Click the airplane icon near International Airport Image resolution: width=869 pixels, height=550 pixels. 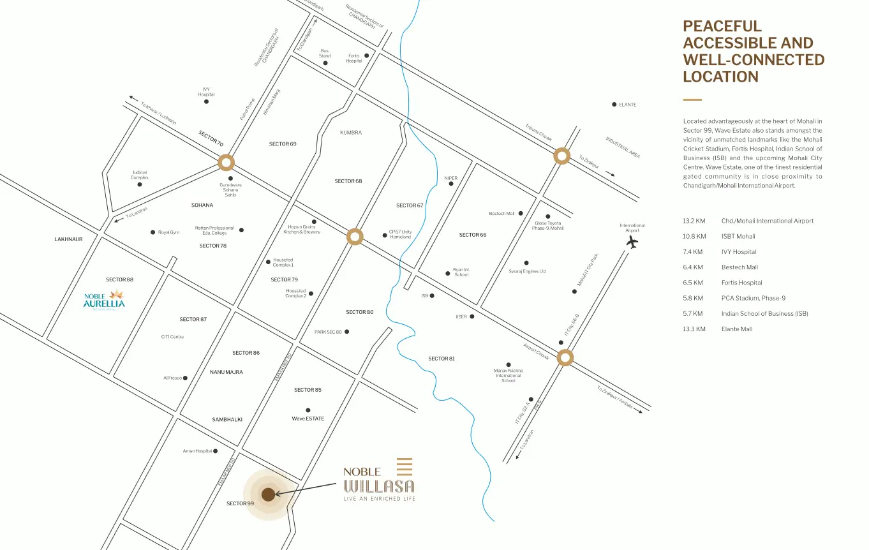(632, 242)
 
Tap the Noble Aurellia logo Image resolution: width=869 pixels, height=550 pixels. (104, 300)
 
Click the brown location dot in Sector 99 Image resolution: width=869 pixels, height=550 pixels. (268, 494)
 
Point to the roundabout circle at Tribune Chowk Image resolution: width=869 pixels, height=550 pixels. (561, 156)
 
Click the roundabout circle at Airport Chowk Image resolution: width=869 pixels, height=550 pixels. (565, 357)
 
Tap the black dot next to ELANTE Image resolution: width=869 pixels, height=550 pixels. (614, 105)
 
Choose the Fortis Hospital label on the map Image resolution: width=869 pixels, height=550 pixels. (353, 58)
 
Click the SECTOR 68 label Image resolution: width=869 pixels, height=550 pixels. (348, 181)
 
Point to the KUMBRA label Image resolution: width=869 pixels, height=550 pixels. (351, 133)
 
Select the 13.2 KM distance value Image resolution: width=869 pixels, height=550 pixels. (694, 221)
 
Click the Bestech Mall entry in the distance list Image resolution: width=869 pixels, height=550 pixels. (739, 267)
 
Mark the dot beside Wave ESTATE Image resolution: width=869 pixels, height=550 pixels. (308, 410)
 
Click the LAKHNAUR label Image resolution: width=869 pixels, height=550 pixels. (68, 239)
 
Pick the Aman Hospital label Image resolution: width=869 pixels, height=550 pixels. (197, 451)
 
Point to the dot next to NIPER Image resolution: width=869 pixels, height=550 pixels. (451, 184)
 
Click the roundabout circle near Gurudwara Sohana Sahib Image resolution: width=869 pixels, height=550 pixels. (226, 163)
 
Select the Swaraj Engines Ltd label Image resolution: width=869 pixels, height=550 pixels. (527, 271)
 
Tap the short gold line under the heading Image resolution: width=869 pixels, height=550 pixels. (692, 100)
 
